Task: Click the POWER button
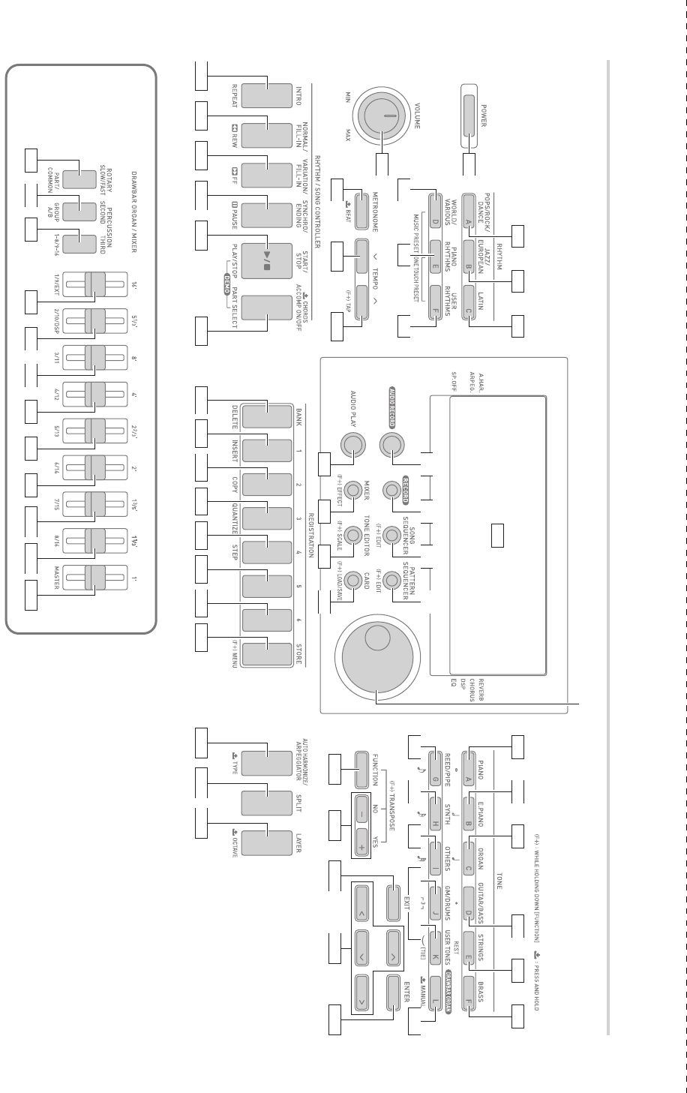[x=468, y=116]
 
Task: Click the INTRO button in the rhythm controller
[x=266, y=96]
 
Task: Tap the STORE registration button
[x=266, y=655]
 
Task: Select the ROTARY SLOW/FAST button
[x=73, y=179]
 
